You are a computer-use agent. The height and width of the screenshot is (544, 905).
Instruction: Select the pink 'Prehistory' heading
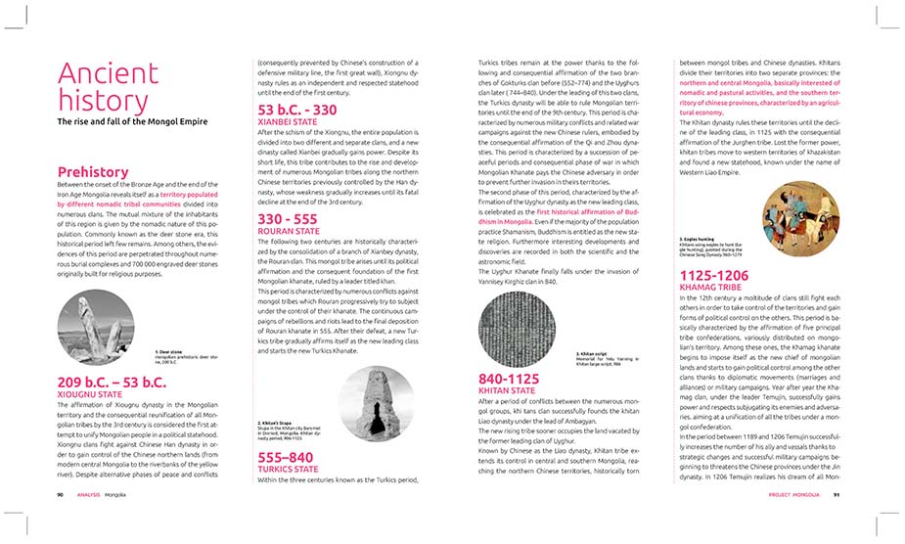click(x=93, y=172)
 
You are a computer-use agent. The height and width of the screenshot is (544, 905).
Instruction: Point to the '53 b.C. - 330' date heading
click(x=296, y=110)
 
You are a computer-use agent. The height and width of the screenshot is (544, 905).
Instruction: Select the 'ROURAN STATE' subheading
click(x=287, y=232)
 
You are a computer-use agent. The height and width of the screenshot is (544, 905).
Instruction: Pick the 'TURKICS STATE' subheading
click(x=290, y=469)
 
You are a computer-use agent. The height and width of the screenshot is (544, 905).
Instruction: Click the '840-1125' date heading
click(x=509, y=378)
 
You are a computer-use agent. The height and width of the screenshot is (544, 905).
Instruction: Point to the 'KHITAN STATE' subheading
click(x=507, y=390)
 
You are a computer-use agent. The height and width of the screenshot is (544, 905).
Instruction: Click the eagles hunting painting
click(x=763, y=193)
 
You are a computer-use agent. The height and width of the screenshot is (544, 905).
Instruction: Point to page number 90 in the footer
click(x=61, y=495)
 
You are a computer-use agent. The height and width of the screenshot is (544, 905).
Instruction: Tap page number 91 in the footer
click(x=837, y=495)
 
